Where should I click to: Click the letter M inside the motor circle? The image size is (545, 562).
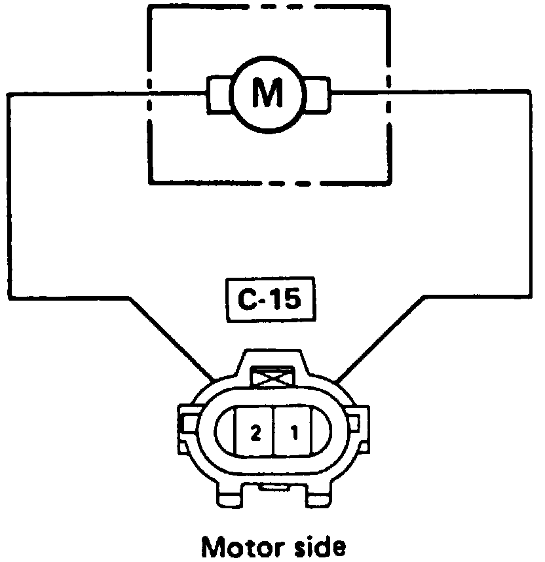click(267, 95)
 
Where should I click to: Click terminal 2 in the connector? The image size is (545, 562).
click(255, 432)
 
